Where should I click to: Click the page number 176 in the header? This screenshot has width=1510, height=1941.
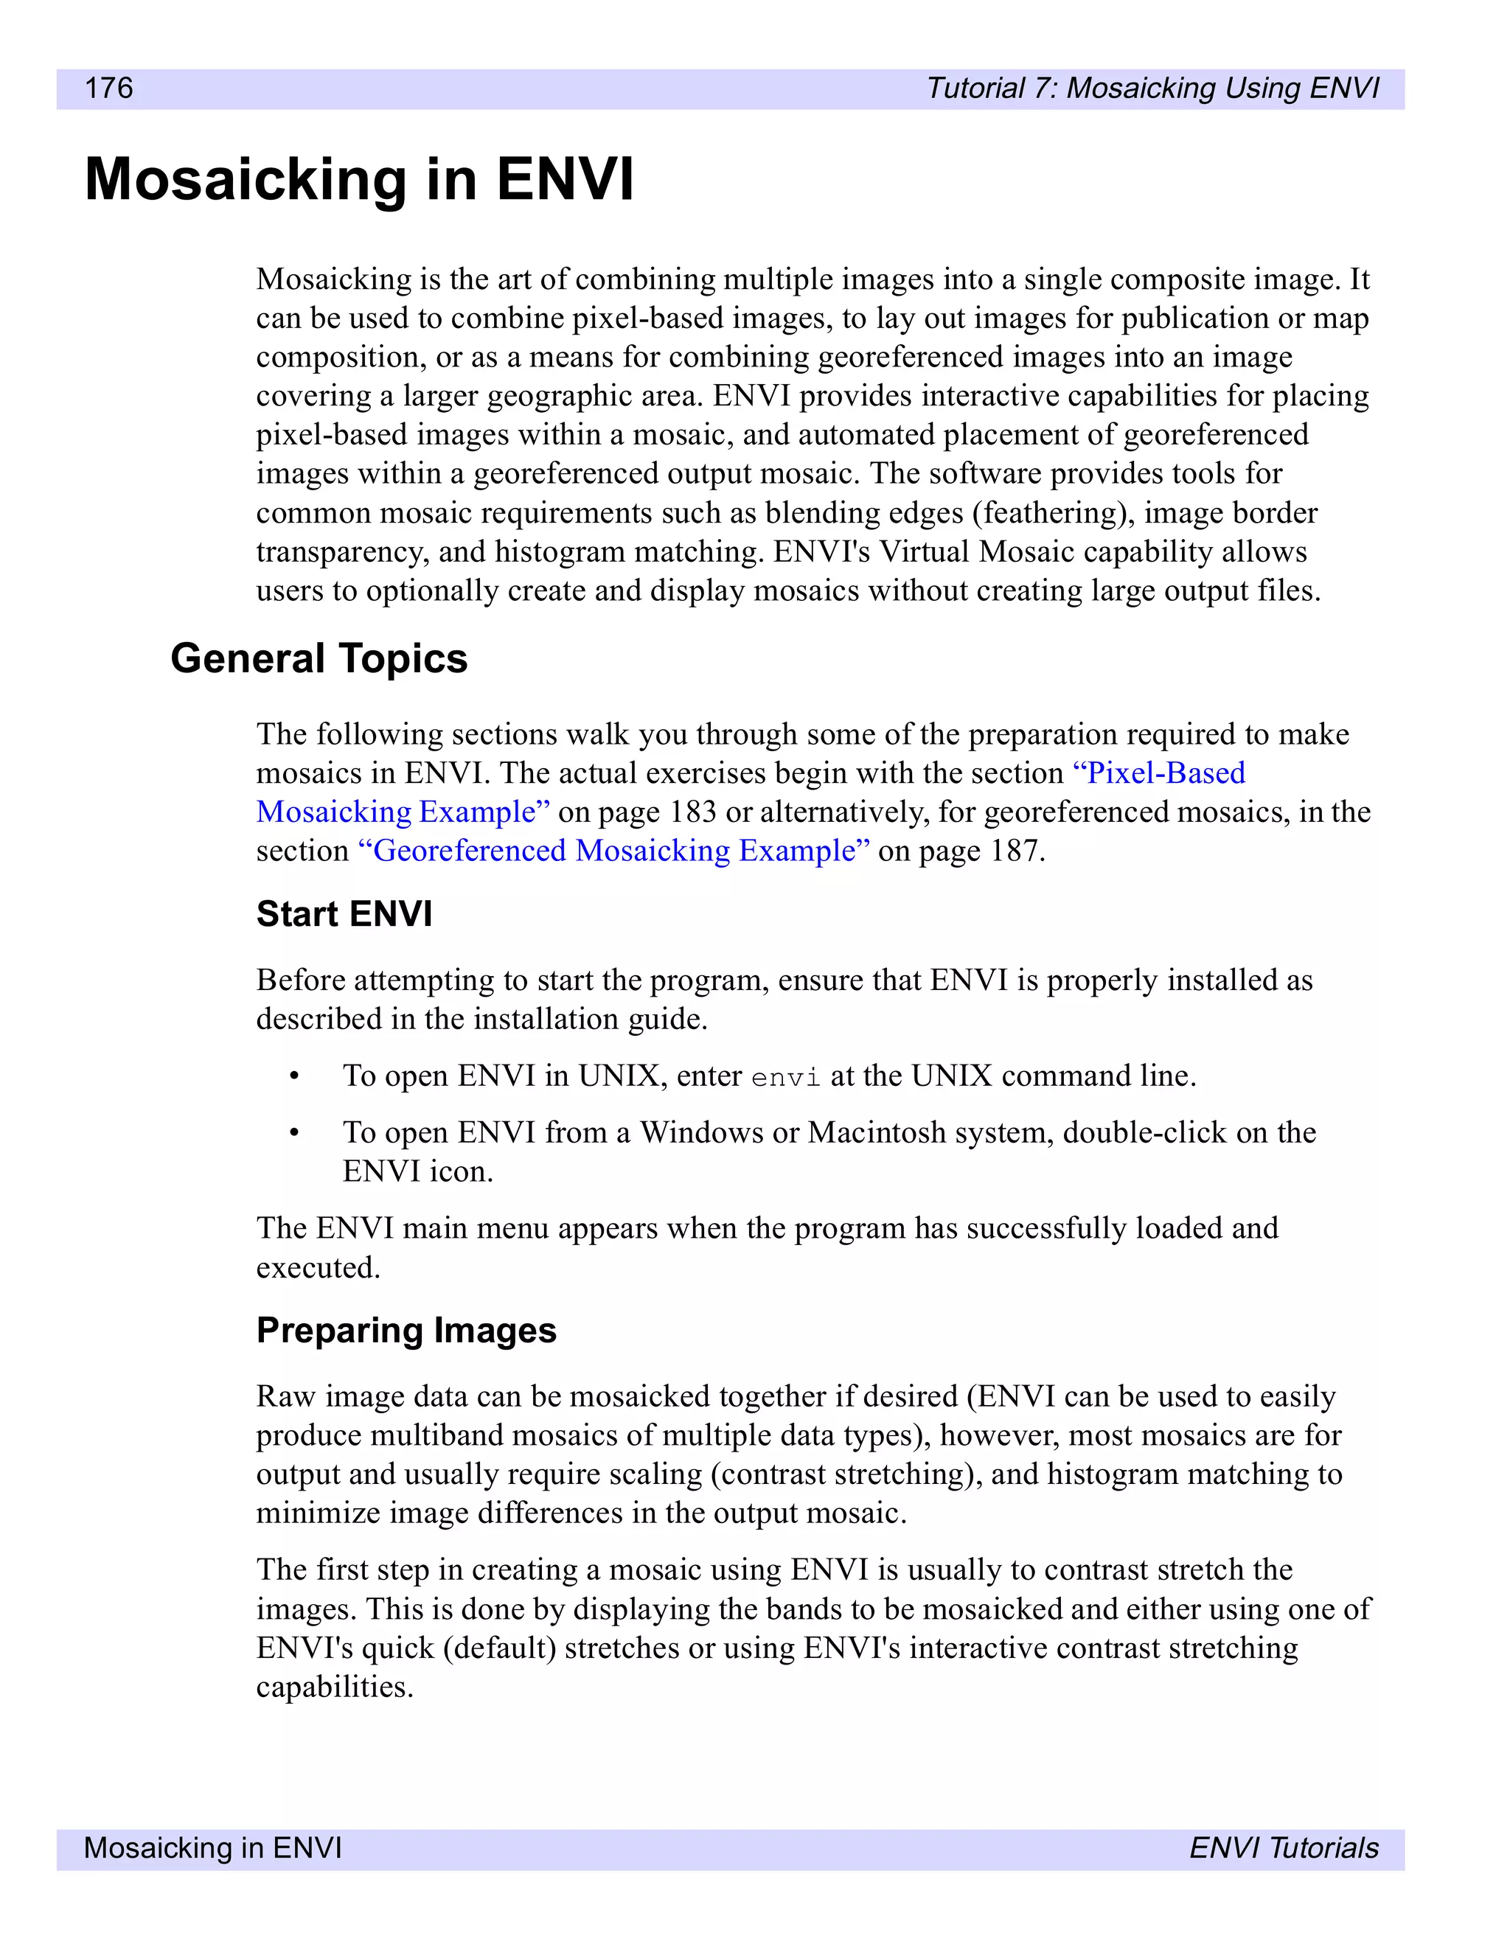click(108, 88)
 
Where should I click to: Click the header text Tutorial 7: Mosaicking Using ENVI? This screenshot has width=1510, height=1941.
click(1152, 88)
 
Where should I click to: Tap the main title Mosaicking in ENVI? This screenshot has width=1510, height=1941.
click(359, 181)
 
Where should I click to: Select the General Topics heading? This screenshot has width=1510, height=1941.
click(319, 658)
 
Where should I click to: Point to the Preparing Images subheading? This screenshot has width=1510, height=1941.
click(406, 1331)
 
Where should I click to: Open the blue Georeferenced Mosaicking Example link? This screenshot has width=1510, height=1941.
click(613, 851)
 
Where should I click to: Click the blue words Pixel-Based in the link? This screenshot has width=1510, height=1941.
click(1160, 773)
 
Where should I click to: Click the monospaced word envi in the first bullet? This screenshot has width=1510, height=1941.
click(786, 1078)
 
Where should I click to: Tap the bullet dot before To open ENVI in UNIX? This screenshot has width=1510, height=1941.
click(294, 1076)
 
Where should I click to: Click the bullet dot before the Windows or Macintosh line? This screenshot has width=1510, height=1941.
click(294, 1133)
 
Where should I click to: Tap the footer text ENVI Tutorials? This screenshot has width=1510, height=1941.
click(1284, 1847)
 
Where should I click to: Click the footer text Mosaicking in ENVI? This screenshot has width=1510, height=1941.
click(212, 1847)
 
